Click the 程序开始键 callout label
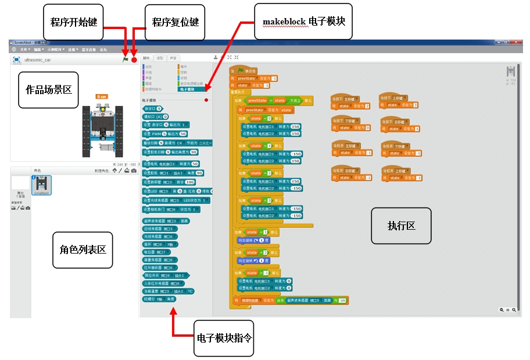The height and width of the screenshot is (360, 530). (x=74, y=22)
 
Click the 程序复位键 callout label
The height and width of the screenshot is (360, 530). (x=175, y=23)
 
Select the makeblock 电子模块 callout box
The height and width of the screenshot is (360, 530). (x=304, y=23)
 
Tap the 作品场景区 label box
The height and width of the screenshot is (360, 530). (x=48, y=90)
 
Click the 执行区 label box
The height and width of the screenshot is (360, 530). (x=402, y=226)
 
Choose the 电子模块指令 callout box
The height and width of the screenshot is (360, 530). (x=224, y=337)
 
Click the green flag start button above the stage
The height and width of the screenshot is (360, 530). (x=126, y=59)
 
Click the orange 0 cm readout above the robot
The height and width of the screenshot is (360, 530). (x=102, y=97)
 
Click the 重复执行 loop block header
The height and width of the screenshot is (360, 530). (x=241, y=92)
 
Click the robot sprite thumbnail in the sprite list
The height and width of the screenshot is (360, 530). (x=42, y=185)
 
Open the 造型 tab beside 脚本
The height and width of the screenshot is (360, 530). (x=160, y=58)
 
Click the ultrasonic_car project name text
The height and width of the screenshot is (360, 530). (x=37, y=60)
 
